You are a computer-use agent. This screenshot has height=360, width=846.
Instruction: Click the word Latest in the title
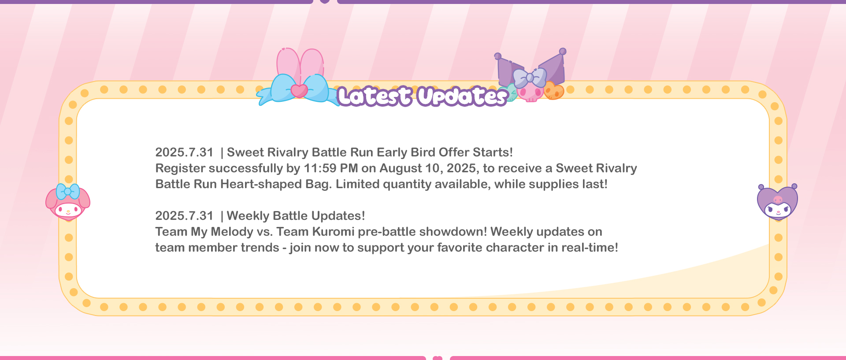click(375, 96)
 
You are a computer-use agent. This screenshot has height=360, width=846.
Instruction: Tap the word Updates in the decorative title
click(462, 96)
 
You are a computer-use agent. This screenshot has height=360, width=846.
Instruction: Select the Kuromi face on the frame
click(778, 202)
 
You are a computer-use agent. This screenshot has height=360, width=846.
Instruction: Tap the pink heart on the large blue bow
click(299, 91)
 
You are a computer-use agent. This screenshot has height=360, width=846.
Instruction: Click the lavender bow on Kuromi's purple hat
click(530, 78)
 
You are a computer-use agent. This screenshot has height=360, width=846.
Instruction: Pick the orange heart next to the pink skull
click(554, 91)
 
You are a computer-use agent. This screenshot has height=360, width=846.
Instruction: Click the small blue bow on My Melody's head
click(68, 192)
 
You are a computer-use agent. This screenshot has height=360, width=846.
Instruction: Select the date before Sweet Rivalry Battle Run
click(184, 152)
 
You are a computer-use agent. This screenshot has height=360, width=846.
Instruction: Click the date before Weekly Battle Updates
click(184, 216)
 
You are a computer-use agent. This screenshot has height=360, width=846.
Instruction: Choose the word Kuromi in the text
click(333, 232)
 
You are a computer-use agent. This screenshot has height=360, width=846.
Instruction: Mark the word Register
click(181, 169)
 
